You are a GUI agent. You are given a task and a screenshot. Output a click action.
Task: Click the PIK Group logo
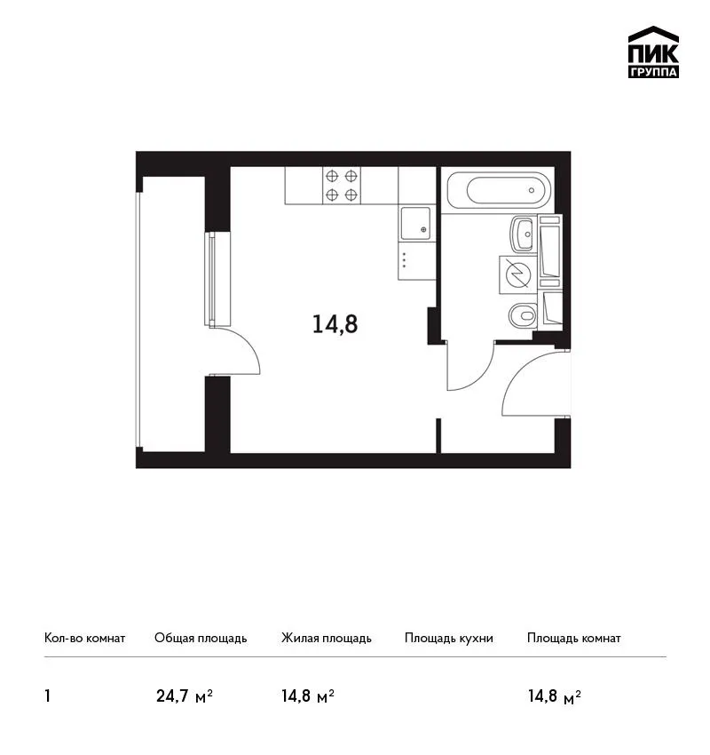pos(653,52)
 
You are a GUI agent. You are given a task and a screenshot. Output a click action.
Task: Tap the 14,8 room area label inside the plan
pos(335,324)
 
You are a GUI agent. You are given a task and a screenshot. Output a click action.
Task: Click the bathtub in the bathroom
pos(498,190)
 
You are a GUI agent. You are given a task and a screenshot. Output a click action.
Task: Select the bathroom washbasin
pos(523,234)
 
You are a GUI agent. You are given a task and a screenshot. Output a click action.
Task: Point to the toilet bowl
pos(523,316)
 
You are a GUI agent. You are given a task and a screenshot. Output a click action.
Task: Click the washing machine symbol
pos(517,274)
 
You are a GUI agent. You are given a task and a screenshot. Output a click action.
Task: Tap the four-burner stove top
pos(341,186)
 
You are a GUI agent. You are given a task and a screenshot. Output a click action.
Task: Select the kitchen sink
pos(415,224)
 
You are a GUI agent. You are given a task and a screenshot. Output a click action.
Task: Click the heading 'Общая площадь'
pos(201,639)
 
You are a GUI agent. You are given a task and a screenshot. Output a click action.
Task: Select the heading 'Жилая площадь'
pos(327,639)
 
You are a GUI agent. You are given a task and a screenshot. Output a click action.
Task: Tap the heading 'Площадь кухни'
pos(449,639)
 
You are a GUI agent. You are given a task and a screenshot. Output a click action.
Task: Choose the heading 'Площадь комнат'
pos(574,639)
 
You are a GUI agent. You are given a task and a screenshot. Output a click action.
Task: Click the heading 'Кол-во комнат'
pos(84,639)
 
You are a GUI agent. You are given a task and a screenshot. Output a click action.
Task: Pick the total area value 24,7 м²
pos(185,696)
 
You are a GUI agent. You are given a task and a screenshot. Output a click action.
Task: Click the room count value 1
pos(47,696)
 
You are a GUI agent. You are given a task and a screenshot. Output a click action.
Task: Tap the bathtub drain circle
pos(532,190)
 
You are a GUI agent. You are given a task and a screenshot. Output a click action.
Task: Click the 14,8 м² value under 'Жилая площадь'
pos(308,696)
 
